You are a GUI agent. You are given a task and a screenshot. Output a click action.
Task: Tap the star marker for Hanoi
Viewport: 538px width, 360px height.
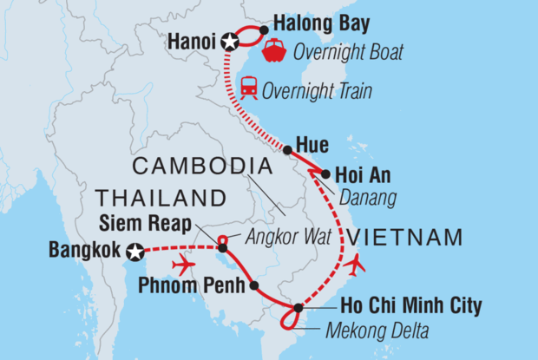pyautogui.click(x=229, y=41)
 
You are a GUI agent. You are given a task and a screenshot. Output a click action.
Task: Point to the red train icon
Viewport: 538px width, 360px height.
pyautogui.click(x=248, y=88)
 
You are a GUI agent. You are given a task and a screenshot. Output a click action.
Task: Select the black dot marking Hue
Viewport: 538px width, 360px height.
pyautogui.click(x=287, y=149)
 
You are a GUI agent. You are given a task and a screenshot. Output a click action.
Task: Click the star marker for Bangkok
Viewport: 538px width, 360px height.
pyautogui.click(x=135, y=252)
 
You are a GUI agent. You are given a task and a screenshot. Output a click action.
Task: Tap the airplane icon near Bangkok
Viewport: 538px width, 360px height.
pyautogui.click(x=182, y=264)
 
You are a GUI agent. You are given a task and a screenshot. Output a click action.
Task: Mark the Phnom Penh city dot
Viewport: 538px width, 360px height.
pyautogui.click(x=253, y=285)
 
